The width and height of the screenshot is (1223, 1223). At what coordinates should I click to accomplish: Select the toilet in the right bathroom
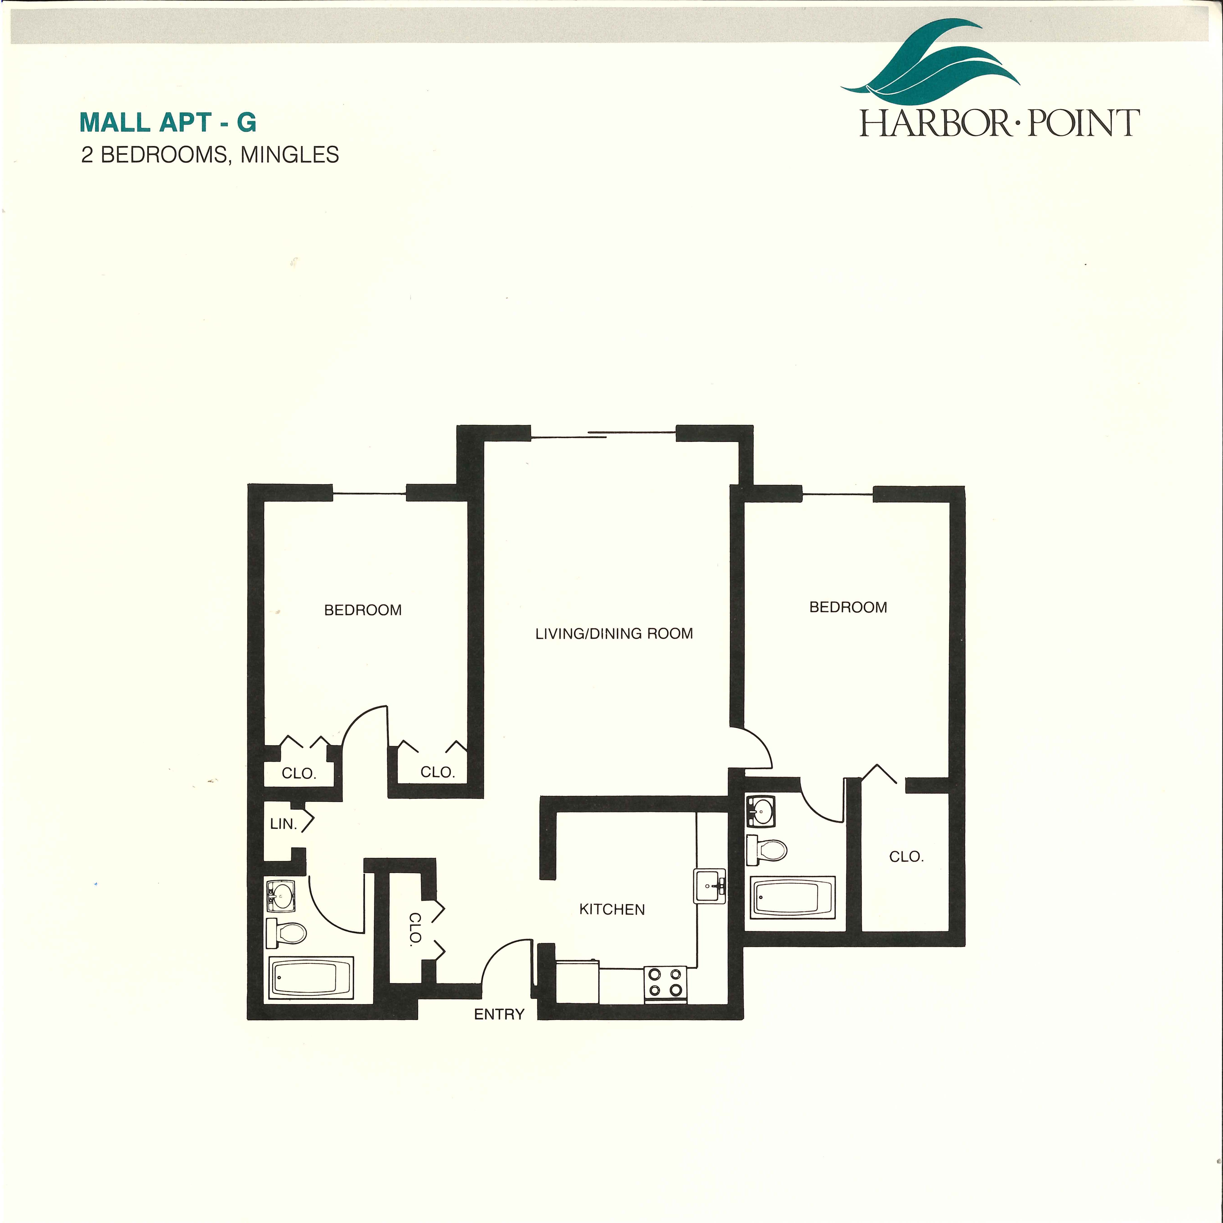pos(767,850)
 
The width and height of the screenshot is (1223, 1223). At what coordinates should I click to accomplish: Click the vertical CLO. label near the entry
pos(415,929)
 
